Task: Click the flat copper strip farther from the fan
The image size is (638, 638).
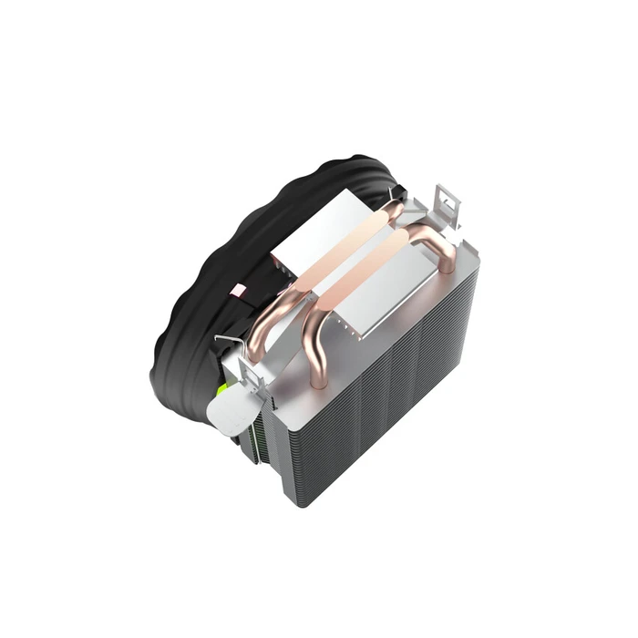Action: click(x=383, y=273)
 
